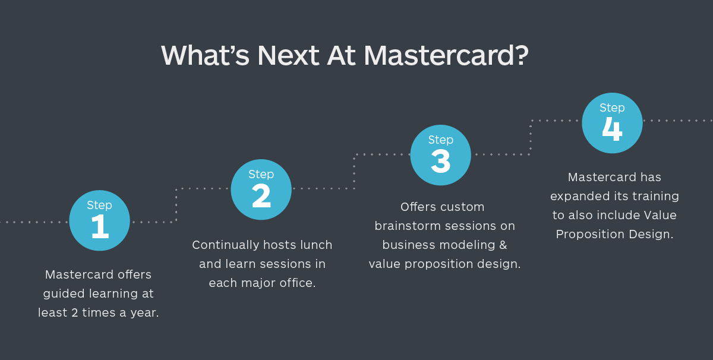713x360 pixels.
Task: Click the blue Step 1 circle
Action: tap(99, 220)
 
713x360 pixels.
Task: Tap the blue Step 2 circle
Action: tap(261, 189)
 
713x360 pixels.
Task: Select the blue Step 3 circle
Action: tap(441, 154)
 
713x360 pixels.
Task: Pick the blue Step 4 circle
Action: tap(612, 123)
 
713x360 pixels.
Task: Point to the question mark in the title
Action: tap(520, 56)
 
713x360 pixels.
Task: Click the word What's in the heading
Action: tap(206, 56)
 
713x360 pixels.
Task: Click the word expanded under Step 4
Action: tap(577, 196)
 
